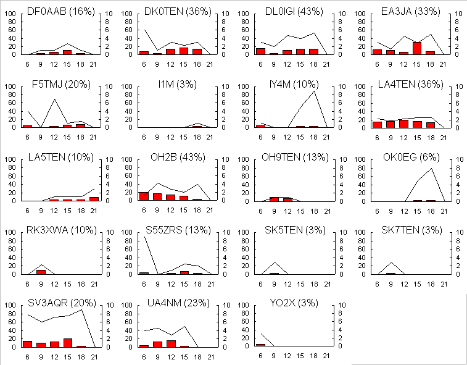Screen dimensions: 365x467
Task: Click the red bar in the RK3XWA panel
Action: [x=41, y=272]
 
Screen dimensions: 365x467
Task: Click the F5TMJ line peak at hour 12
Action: [x=54, y=99]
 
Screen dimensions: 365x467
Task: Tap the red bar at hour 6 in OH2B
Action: [x=144, y=196]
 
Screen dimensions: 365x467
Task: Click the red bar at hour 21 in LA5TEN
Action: [x=94, y=199]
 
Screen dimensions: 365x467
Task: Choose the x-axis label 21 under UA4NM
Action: [x=210, y=356]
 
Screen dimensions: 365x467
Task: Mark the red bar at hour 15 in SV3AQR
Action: [x=67, y=343]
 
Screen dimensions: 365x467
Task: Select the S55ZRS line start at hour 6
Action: [x=144, y=237]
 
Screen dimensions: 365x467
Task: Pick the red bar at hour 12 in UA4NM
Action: [x=171, y=343]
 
